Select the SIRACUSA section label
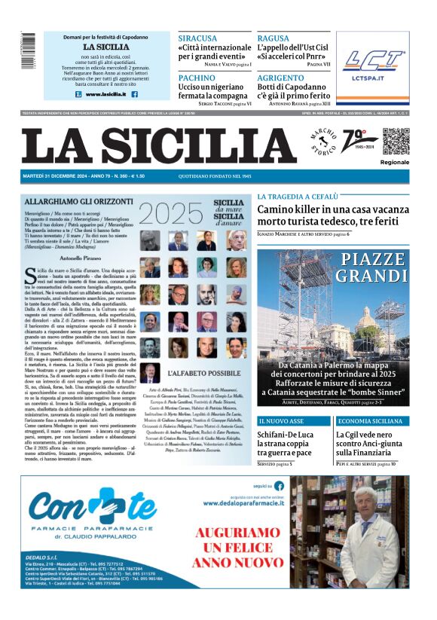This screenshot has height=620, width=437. point(197,38)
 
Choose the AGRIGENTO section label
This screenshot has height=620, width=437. point(282,78)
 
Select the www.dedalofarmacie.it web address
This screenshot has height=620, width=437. point(244,502)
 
